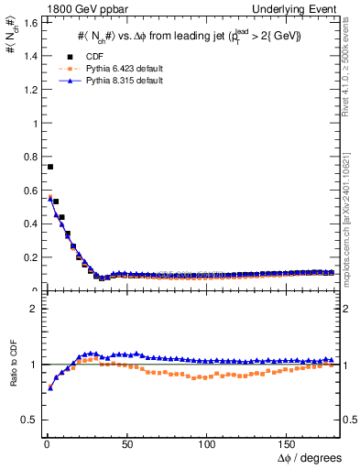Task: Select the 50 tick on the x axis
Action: coord(127,443)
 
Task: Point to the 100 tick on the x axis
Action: coord(208,443)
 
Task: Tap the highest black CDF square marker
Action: coord(49,167)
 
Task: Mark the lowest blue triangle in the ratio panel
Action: coord(49,387)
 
